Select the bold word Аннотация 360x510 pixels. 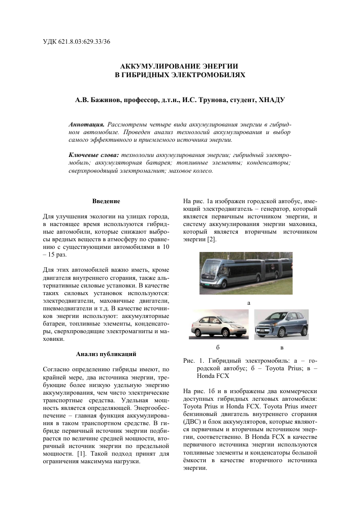(86, 124)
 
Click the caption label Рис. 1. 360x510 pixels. (191, 360)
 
